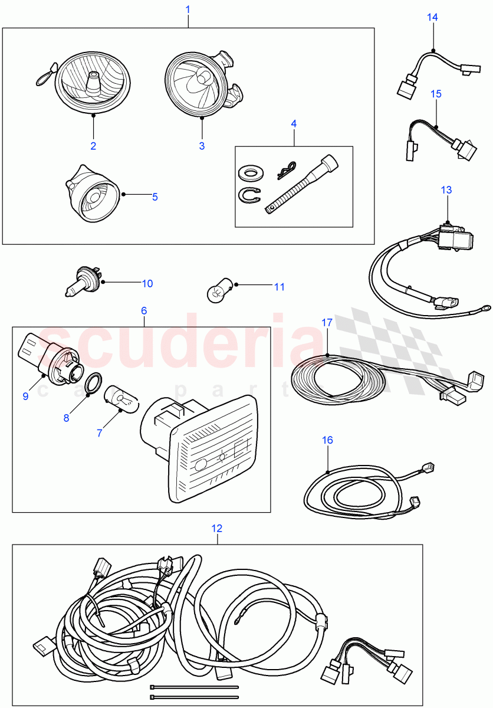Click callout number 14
(x=432, y=17)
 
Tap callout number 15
(x=436, y=94)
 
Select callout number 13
(x=446, y=189)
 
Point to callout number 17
(x=327, y=323)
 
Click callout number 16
(x=328, y=440)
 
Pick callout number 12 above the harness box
(x=217, y=528)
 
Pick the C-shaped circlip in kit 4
(x=250, y=195)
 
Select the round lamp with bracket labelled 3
(x=199, y=83)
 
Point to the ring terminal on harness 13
(x=484, y=307)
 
